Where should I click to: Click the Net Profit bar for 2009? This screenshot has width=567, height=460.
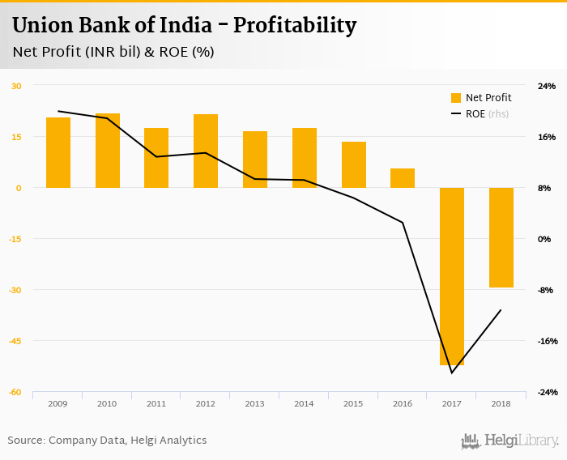[58, 152]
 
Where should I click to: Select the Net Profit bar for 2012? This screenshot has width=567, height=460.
[206, 151]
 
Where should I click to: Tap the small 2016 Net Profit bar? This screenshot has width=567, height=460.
[403, 178]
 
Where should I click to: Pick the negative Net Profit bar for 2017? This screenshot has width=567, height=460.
[452, 276]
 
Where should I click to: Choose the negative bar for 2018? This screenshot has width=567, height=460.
[501, 237]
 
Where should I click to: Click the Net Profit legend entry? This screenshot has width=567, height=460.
[480, 98]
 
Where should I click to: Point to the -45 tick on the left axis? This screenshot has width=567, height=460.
[16, 341]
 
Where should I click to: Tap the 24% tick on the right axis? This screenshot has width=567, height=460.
[547, 86]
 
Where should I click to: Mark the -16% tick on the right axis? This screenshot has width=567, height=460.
[547, 341]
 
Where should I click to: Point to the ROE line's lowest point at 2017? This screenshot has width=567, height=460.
[451, 373]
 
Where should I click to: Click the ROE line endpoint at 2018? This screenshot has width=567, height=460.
[501, 310]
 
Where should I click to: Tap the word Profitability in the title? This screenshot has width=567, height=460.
[295, 26]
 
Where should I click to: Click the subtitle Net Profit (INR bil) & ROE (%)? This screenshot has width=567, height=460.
[113, 52]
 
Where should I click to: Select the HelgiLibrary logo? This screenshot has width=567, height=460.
[510, 441]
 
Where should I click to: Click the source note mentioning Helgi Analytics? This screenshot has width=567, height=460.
[107, 441]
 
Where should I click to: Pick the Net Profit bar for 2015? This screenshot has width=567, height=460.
[354, 164]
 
